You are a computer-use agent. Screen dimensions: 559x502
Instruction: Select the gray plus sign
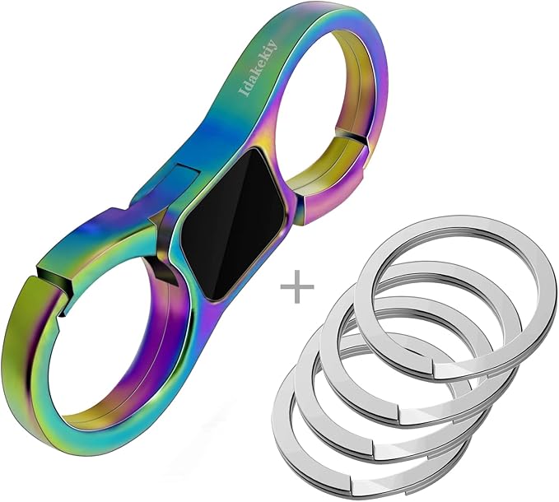click(297, 286)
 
